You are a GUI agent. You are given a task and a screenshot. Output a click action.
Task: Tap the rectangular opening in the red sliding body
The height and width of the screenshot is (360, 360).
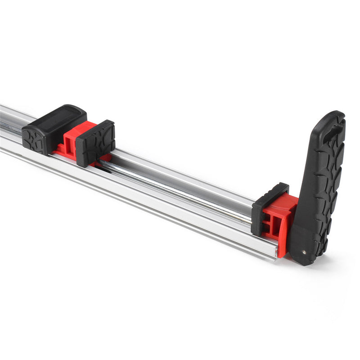click(67, 144)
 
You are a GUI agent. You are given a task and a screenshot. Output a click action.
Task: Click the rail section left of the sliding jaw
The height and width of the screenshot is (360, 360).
click(11, 130)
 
